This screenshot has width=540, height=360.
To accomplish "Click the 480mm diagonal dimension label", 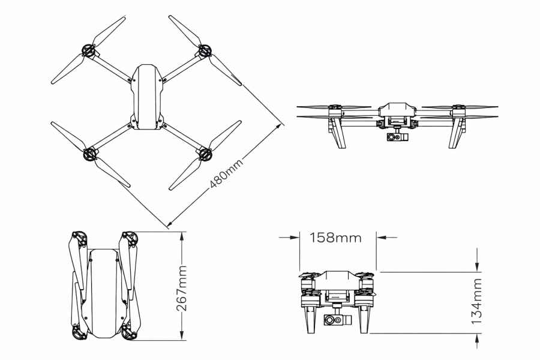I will [x=225, y=175].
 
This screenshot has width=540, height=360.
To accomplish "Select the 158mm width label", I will [x=335, y=237].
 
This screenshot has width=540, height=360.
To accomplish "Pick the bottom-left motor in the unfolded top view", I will [x=89, y=154].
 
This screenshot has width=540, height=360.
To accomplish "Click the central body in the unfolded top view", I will [x=145, y=96].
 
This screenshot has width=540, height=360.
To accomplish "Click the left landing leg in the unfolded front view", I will [x=336, y=132].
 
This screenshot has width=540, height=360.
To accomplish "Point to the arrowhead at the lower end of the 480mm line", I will [x=170, y=226].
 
